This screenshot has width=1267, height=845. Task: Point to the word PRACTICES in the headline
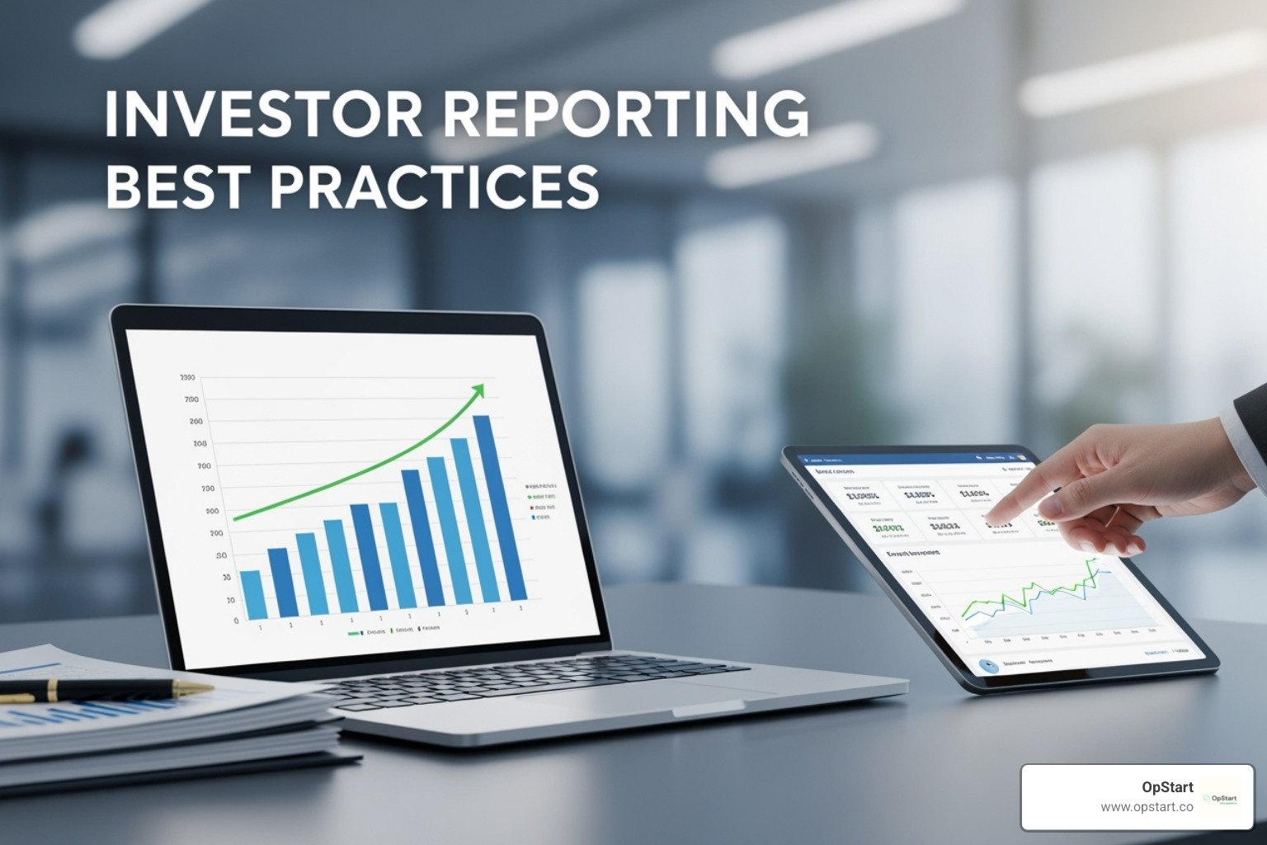tap(433, 186)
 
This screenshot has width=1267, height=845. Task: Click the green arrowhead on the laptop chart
tap(478, 389)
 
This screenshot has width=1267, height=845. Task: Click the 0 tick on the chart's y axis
tap(236, 621)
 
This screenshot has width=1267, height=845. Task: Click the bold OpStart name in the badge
tap(1167, 787)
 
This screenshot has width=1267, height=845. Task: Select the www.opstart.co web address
tap(1147, 806)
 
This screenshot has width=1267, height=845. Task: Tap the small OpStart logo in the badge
tap(1220, 798)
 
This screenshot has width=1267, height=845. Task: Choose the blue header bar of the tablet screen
tap(907, 456)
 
